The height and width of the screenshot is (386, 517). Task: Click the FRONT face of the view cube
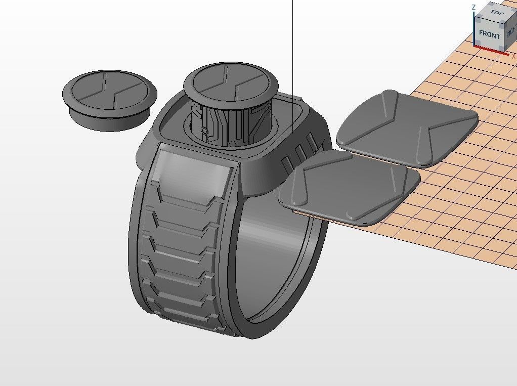click(x=489, y=34)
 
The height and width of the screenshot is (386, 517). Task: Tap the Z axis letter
click(x=473, y=8)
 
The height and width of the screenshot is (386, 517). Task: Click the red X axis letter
click(x=513, y=56)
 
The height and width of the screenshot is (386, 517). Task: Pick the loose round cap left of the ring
click(x=109, y=99)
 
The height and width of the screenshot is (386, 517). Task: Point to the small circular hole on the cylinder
click(x=204, y=132)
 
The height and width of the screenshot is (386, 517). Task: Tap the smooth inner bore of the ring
click(x=276, y=253)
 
